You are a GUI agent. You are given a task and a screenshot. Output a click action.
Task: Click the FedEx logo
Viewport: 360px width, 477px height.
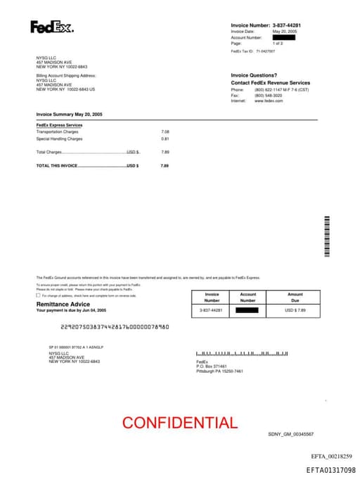[51, 27]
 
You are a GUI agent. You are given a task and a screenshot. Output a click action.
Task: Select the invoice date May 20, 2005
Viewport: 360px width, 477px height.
[285, 32]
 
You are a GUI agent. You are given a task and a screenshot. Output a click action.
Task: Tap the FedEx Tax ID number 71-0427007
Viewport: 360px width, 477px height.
[266, 51]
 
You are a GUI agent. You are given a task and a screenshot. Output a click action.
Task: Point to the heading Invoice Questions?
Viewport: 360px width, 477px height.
[254, 75]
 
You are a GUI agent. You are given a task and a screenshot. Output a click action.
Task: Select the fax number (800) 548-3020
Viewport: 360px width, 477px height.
[268, 96]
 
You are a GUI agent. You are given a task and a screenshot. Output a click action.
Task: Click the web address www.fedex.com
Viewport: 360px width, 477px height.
[269, 101]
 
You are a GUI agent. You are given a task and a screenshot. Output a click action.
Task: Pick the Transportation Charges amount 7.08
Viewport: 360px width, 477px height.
[165, 132]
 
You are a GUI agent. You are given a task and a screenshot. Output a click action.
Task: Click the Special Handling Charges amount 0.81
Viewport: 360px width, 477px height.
[165, 139]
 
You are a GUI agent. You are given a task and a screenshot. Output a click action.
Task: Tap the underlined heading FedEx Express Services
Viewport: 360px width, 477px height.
[59, 125]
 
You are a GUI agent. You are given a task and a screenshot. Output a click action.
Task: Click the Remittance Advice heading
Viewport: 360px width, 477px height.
[63, 304]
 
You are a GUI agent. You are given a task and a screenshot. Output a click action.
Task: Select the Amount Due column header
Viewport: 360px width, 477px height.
[295, 297]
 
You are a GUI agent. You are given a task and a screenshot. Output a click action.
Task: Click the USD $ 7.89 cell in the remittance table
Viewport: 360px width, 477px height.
[295, 310]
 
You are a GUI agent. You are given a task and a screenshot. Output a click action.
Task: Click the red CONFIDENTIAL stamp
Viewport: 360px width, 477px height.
[180, 423]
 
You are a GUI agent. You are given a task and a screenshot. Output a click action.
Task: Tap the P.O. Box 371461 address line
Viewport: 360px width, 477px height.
[212, 367]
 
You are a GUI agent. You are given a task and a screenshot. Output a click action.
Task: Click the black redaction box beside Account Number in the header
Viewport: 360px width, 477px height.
[283, 37]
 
